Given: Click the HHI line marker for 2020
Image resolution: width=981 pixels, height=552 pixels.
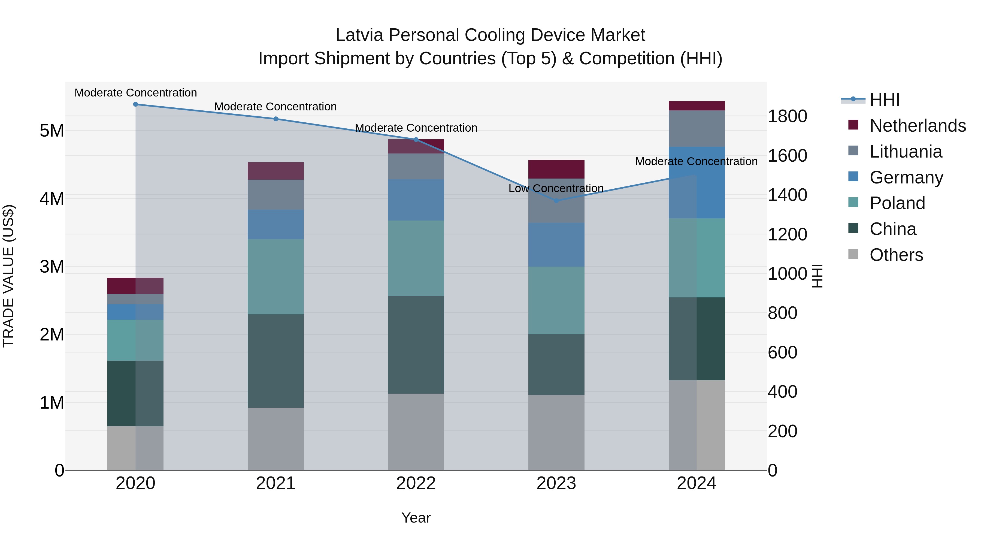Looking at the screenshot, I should (x=136, y=104).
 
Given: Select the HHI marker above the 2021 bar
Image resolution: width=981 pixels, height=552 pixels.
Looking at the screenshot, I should (x=276, y=119).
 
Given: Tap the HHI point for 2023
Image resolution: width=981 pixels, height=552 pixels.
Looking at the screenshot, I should (x=556, y=201).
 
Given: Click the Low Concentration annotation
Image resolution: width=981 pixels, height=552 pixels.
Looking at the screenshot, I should (x=556, y=189).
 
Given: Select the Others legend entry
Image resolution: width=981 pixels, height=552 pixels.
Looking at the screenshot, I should (x=896, y=255).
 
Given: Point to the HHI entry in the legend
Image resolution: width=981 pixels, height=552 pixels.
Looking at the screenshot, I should (x=885, y=100).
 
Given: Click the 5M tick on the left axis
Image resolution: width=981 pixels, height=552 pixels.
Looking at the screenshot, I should (x=52, y=131).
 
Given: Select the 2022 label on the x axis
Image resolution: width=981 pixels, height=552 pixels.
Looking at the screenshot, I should (x=416, y=483).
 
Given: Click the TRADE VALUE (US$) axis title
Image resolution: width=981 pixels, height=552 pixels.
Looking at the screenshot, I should (x=8, y=276).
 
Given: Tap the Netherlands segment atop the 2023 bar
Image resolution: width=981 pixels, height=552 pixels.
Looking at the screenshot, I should (x=556, y=169).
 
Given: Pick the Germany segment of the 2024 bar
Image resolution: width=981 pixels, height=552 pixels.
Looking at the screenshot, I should (x=697, y=182).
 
